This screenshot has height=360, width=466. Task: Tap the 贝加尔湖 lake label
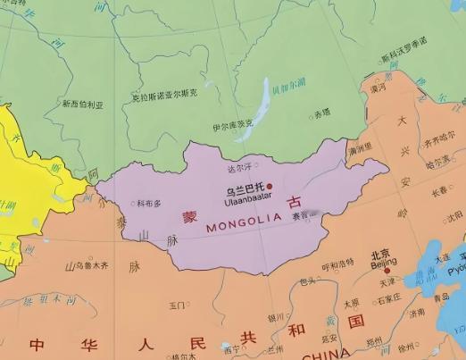tap(287, 90)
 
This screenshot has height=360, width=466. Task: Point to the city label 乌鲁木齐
tap(87, 265)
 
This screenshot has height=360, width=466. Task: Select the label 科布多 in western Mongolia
tap(151, 204)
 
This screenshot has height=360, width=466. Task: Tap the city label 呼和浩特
tap(337, 265)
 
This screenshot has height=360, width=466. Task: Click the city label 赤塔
tap(321, 113)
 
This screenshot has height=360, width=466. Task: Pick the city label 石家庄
tap(388, 300)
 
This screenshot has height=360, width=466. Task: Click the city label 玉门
tap(177, 306)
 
